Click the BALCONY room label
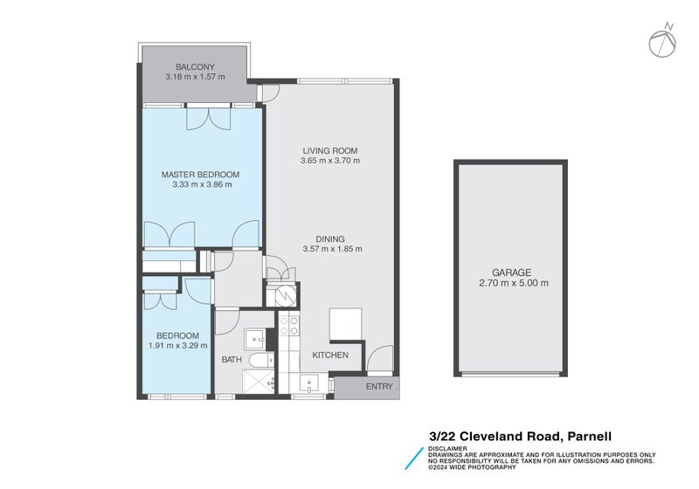click(x=195, y=67)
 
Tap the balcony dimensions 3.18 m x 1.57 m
click(x=195, y=77)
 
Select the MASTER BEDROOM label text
click(x=200, y=175)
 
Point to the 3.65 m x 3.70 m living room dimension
click(x=330, y=161)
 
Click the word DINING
click(x=330, y=238)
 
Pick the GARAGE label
click(x=511, y=272)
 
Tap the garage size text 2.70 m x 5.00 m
click(x=511, y=283)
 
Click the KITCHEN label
click(x=330, y=355)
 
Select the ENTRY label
click(x=379, y=386)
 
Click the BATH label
click(x=232, y=359)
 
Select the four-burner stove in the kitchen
click(x=288, y=327)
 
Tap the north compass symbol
click(x=663, y=41)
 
